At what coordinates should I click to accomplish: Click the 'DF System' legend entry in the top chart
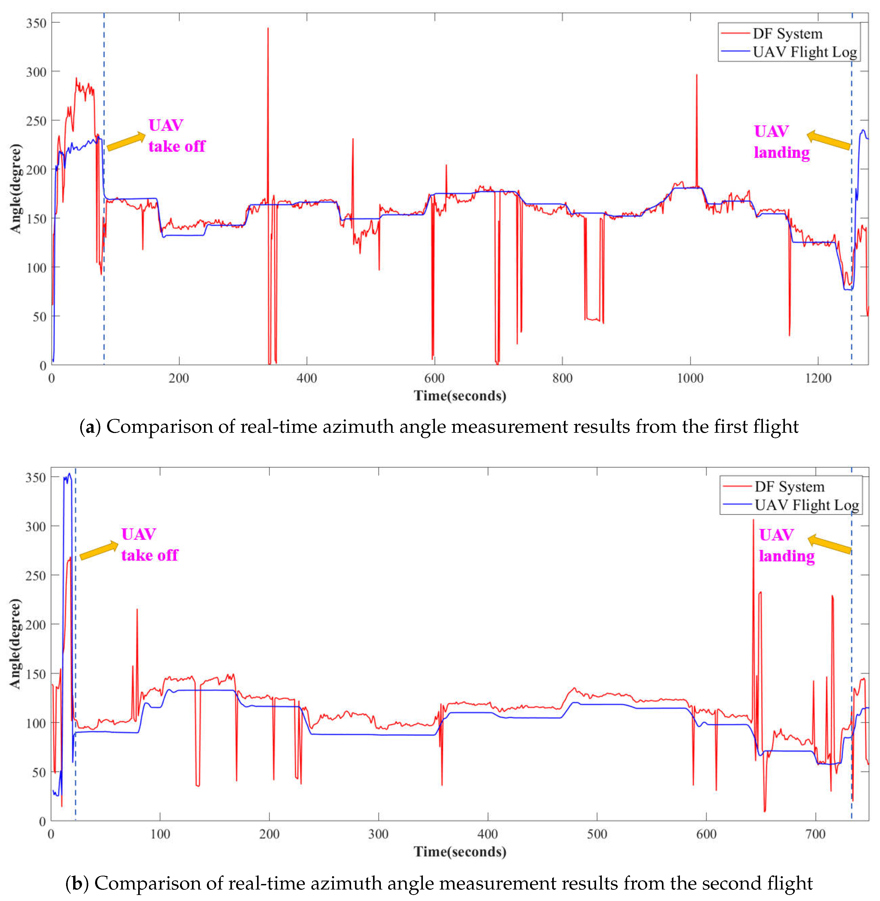[787, 34]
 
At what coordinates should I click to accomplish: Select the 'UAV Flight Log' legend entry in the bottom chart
[807, 505]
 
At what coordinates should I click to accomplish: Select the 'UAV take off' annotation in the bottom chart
[149, 545]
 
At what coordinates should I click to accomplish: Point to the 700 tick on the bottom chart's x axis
[815, 834]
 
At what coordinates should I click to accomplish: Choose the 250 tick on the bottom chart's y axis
[36, 576]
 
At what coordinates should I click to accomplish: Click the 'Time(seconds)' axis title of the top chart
[460, 396]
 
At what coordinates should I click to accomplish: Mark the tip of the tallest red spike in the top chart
[268, 29]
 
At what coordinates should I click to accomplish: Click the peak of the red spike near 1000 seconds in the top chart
[697, 75]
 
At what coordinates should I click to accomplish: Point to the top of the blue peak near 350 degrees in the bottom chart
[69, 474]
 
